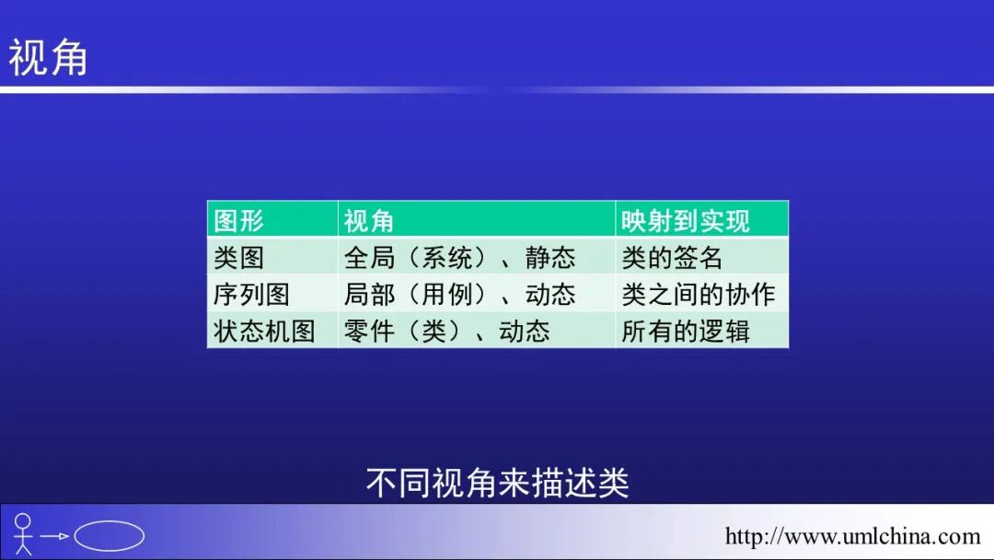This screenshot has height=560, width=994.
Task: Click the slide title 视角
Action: pyautogui.click(x=48, y=57)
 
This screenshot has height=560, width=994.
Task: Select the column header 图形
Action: pyautogui.click(x=238, y=221)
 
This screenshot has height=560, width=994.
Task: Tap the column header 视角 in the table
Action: pyautogui.click(x=369, y=221)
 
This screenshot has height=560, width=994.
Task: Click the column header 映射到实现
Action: pyautogui.click(x=686, y=221)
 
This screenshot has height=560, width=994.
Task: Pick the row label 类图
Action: pyautogui.click(x=238, y=258)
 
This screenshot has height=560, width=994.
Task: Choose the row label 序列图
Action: pyautogui.click(x=251, y=295)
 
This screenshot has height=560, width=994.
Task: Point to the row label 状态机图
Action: pyautogui.click(x=264, y=332)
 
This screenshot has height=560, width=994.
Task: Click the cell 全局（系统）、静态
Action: pyautogui.click(x=459, y=258)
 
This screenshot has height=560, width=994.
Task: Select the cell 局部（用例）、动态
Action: pyautogui.click(x=459, y=295)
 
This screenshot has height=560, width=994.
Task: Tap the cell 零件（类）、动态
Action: pyautogui.click(x=446, y=332)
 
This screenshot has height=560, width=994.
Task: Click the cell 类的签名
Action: pyautogui.click(x=672, y=258)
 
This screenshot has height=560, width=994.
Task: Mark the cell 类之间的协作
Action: pyautogui.click(x=699, y=295)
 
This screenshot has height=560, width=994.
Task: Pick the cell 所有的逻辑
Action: pyautogui.click(x=686, y=332)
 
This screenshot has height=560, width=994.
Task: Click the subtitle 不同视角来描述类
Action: pyautogui.click(x=497, y=483)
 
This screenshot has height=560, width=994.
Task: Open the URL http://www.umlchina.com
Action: pyautogui.click(x=852, y=536)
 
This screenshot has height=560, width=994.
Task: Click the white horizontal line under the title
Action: pyautogui.click(x=497, y=90)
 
